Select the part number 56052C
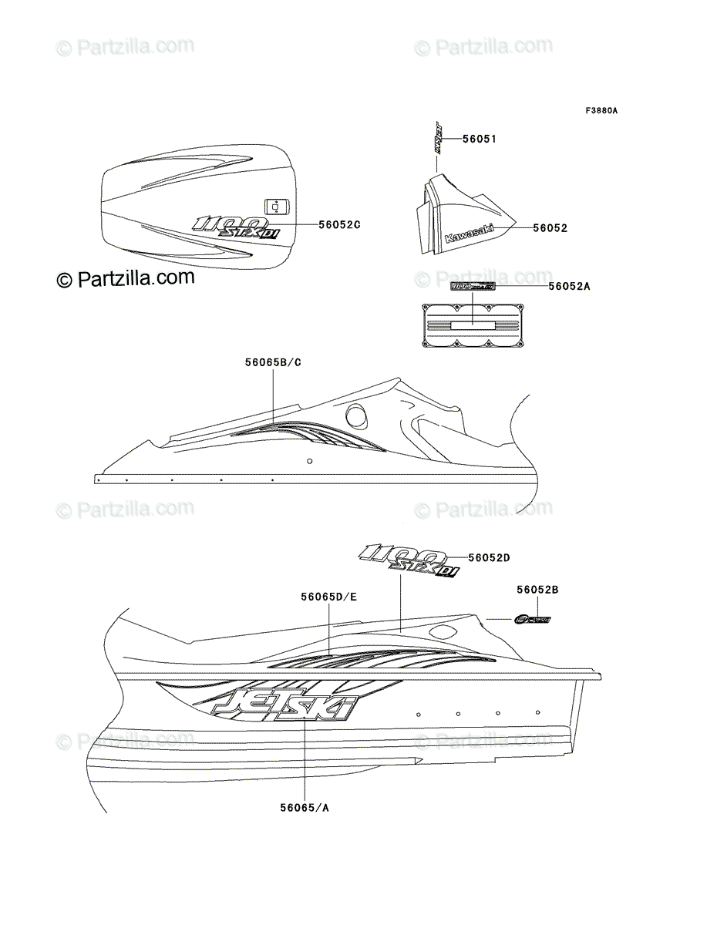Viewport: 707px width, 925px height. point(339,224)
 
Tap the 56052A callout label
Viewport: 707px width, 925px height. point(569,286)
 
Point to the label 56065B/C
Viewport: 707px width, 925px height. point(273,361)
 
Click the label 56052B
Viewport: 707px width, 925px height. point(537,590)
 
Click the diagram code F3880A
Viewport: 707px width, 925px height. point(601,110)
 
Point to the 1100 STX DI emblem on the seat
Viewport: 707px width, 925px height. point(234,227)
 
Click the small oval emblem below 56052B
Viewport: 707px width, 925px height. point(533,619)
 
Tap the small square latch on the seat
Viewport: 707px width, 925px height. point(275,206)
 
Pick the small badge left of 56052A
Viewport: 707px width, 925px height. point(473,286)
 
